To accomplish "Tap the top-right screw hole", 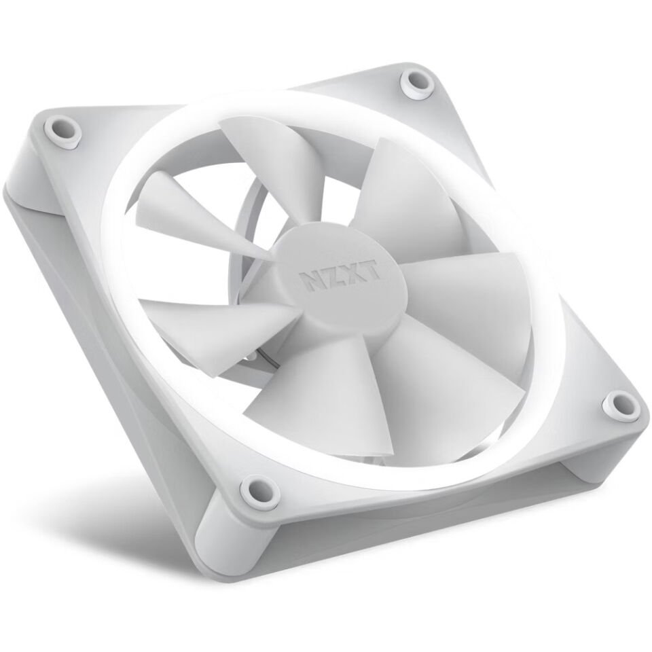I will [412, 82].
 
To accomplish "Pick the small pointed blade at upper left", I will [170, 204].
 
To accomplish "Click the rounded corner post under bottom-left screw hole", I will [231, 537].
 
